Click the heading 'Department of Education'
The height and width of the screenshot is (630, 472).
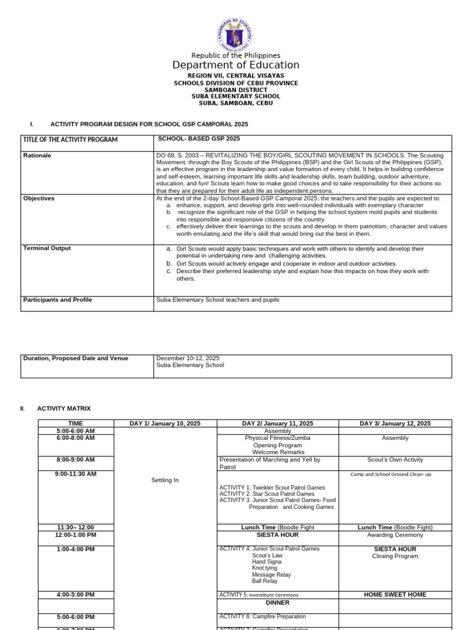pos(235,65)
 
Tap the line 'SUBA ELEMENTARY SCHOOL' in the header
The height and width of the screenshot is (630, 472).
pos(235,97)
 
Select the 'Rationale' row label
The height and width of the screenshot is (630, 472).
pos(37,156)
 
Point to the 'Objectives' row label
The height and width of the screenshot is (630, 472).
pos(39,199)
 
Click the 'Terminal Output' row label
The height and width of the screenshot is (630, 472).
pos(47,249)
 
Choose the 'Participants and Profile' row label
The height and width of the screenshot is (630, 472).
pos(57,300)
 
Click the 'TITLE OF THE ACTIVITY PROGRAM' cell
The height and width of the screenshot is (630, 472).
pos(70,140)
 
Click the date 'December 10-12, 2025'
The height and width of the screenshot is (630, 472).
pos(187,358)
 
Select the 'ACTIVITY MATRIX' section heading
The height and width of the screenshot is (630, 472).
pos(64,409)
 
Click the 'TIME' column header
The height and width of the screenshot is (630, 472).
pos(76,423)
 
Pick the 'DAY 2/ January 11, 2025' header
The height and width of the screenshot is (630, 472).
pos(277,423)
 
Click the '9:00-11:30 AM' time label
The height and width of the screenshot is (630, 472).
pos(76,474)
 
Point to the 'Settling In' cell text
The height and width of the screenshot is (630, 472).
pos(165,480)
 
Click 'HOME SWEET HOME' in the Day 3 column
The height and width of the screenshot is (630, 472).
pos(395,595)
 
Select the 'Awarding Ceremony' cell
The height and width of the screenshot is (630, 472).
pos(395,535)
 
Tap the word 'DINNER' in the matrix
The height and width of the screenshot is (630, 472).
pos(277,603)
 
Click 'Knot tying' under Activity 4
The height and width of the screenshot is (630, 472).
pos(264,568)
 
